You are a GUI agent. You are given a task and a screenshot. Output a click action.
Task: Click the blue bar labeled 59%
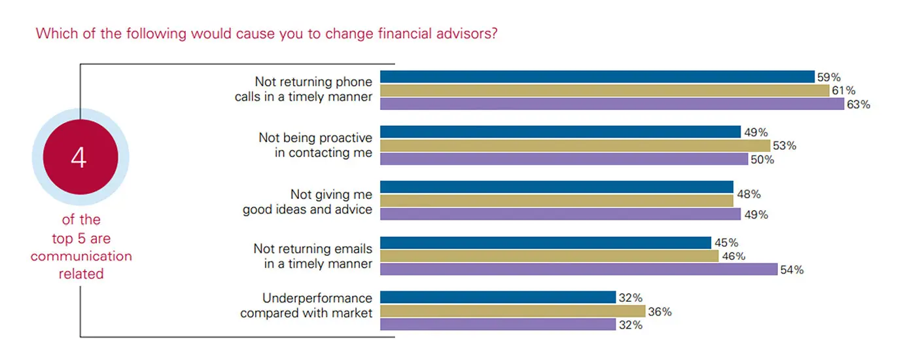[597, 77]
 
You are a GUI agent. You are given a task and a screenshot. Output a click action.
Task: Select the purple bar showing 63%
[612, 104]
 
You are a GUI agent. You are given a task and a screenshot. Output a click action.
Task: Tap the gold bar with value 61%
[605, 90]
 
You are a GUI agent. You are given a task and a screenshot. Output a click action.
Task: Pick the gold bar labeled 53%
[574, 145]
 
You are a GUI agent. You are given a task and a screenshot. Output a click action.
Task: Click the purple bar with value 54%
[578, 269]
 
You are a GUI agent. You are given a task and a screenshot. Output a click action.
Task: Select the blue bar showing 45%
[545, 243]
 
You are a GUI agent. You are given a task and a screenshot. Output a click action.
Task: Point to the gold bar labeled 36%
[512, 312]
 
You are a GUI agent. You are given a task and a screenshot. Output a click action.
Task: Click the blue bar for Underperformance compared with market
[497, 298]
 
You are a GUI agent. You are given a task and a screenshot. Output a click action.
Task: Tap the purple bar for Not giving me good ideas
[560, 214]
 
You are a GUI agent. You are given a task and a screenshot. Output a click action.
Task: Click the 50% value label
[762, 160]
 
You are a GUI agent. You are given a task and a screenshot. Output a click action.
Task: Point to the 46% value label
[733, 256]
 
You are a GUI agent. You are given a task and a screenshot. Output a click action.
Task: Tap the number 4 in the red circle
[79, 158]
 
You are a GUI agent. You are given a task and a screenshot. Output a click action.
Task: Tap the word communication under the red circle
[81, 256]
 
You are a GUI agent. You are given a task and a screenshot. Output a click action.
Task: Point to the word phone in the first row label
[353, 82]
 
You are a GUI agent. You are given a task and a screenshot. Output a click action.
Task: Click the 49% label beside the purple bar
[755, 215]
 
